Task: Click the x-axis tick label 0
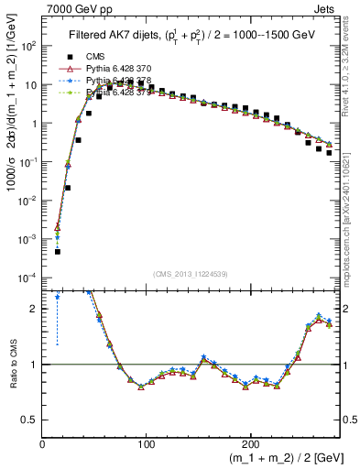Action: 42,443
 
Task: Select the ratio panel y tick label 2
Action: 34,309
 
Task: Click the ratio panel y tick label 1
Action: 34,365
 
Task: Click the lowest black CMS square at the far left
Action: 57,251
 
